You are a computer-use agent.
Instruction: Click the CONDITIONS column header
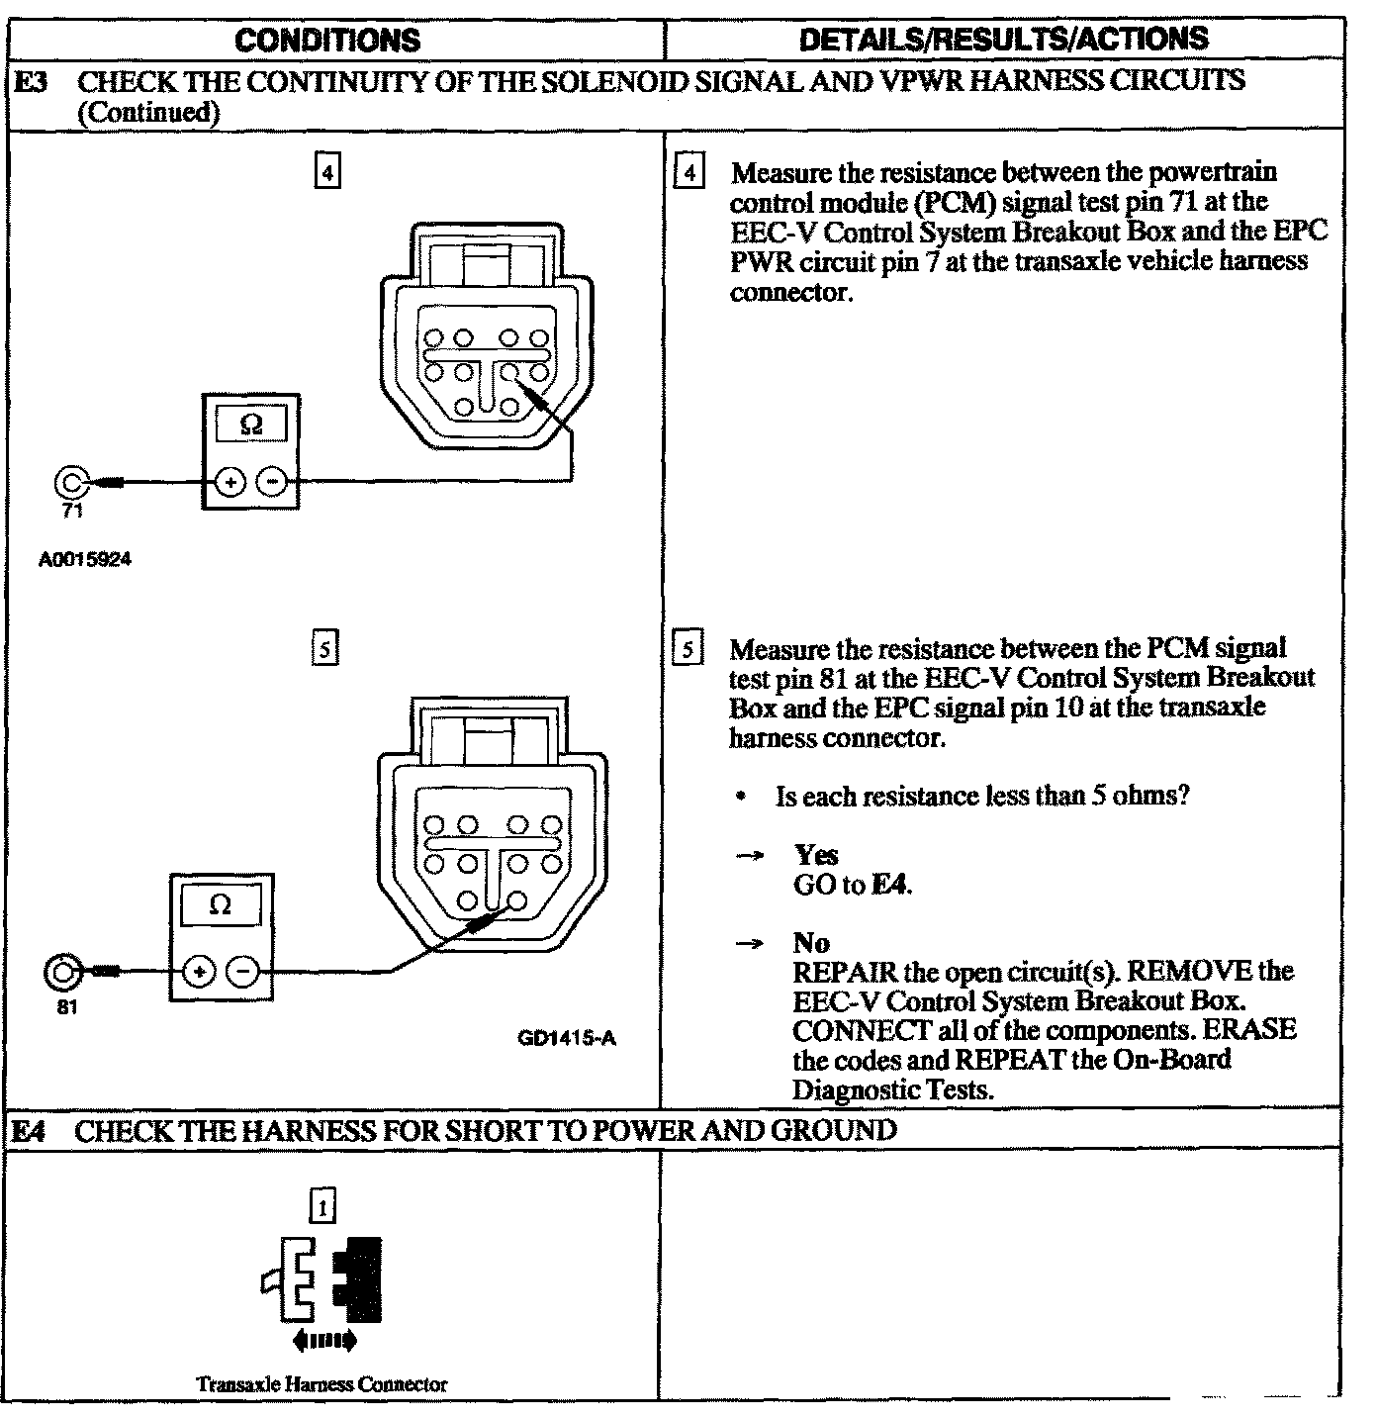pyautogui.click(x=327, y=40)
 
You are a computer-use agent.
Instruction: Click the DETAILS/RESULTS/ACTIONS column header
pyautogui.click(x=1003, y=39)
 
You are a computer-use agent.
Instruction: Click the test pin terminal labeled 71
pyautogui.click(x=71, y=482)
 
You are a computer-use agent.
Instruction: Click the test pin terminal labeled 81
pyautogui.click(x=61, y=972)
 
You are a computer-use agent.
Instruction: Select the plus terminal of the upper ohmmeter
pyautogui.click(x=229, y=483)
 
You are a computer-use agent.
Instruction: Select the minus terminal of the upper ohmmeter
pyautogui.click(x=272, y=483)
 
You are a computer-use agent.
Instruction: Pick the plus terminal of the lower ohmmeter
pyautogui.click(x=200, y=972)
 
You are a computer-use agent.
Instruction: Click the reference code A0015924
pyautogui.click(x=85, y=560)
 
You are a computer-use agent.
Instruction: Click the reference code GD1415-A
pyautogui.click(x=567, y=1038)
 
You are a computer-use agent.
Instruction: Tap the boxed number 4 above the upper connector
pyautogui.click(x=325, y=172)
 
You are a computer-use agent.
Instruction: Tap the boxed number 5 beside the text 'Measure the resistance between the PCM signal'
pyautogui.click(x=687, y=650)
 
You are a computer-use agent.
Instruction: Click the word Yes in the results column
pyautogui.click(x=816, y=855)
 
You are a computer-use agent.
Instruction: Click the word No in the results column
pyautogui.click(x=811, y=943)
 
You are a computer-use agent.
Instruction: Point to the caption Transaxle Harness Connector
pyautogui.click(x=321, y=1384)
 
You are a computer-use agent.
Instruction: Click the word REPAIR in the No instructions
pyautogui.click(x=837, y=972)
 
